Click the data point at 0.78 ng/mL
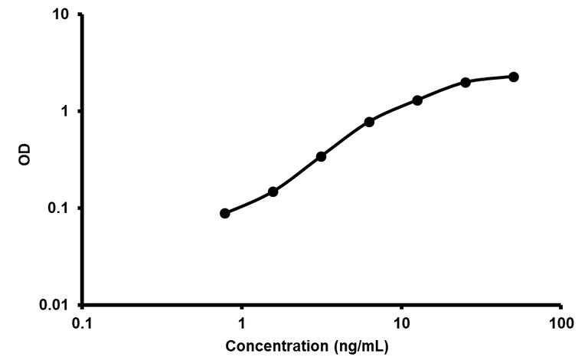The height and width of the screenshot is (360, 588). (x=225, y=213)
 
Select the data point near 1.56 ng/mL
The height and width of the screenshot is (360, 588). (x=273, y=191)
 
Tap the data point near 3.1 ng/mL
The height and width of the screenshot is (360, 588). (x=322, y=156)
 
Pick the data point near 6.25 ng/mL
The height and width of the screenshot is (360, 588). (x=369, y=122)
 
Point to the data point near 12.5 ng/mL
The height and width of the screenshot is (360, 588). (x=417, y=100)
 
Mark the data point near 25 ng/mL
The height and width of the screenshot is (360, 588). (x=465, y=82)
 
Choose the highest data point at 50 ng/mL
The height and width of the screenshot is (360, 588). (x=514, y=77)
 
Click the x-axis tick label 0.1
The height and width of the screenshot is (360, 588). (x=83, y=324)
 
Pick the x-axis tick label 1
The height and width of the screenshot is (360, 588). (x=242, y=324)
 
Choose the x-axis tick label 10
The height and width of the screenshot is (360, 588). (x=401, y=324)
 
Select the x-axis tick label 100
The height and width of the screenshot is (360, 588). (x=560, y=324)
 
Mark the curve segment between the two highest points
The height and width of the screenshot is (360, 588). (x=490, y=78)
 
